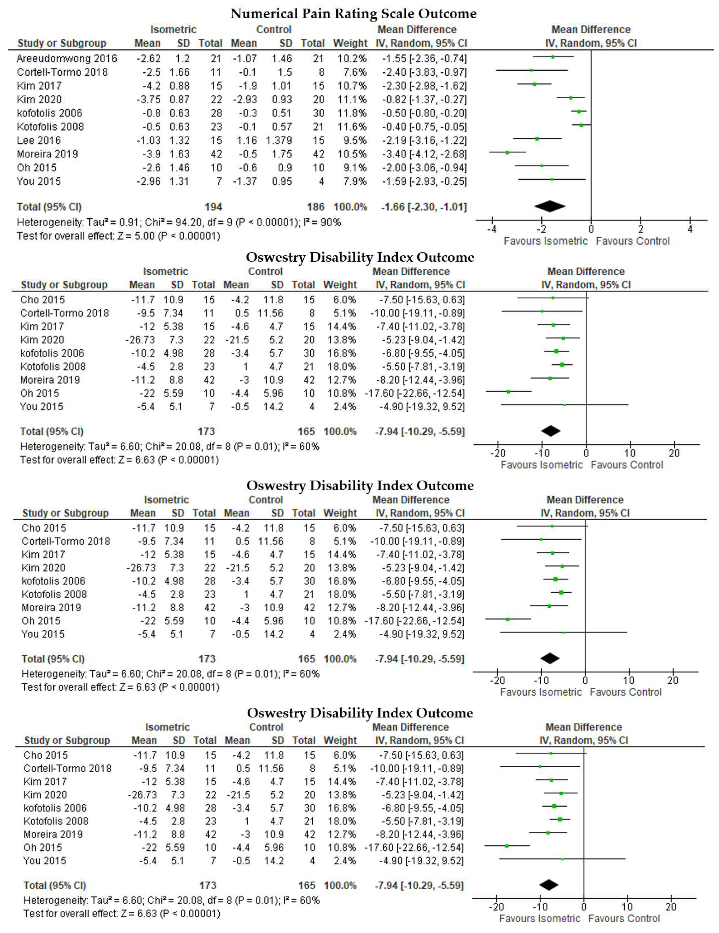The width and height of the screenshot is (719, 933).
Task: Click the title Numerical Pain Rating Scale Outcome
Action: [x=353, y=14]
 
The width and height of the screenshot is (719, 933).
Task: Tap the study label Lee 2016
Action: [x=39, y=141]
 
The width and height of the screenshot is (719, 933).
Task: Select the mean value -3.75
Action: [x=149, y=100]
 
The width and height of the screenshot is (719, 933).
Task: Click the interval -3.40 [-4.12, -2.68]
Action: [x=424, y=154]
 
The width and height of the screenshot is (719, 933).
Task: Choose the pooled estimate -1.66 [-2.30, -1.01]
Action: [x=424, y=207]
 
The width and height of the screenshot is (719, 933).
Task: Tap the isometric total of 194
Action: [x=213, y=207]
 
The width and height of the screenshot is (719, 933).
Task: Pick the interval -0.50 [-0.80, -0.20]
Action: [x=424, y=113]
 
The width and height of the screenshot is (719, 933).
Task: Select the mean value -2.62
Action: [x=149, y=59]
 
